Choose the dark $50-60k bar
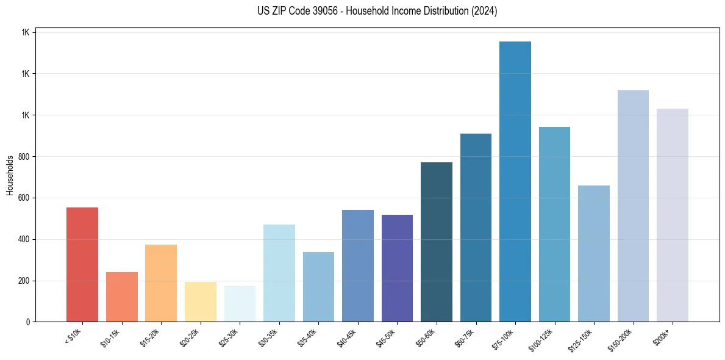coord(437,242)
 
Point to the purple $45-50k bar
coord(397,268)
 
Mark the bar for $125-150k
coord(594,253)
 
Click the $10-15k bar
coord(122,297)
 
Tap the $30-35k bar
coord(279,273)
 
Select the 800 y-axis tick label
coord(24,157)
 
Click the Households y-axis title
coord(10,175)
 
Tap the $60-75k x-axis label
coord(465,337)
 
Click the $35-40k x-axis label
coord(307,337)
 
